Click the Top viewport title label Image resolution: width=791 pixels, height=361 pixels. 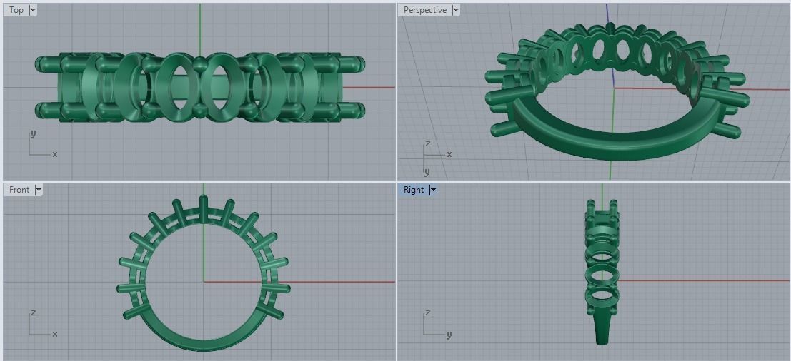tap(16, 10)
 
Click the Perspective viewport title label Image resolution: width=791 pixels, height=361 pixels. tap(424, 10)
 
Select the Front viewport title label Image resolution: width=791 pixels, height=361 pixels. tap(19, 190)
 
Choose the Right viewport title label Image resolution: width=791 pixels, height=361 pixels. tap(413, 190)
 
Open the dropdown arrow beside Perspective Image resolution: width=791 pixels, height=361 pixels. tap(455, 10)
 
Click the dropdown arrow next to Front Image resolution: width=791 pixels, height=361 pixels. tap(39, 190)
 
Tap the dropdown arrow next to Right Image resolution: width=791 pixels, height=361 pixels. tap(433, 190)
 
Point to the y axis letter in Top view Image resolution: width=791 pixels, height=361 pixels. tap(33, 134)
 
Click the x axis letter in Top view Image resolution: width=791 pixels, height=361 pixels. tap(55, 153)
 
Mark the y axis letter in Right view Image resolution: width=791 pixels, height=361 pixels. tap(449, 333)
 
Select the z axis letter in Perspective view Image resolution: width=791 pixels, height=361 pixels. tap(427, 143)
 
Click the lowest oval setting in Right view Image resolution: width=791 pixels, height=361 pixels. tap(602, 294)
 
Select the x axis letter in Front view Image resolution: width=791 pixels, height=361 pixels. tap(55, 333)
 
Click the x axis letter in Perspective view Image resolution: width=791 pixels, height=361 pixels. tap(449, 154)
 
